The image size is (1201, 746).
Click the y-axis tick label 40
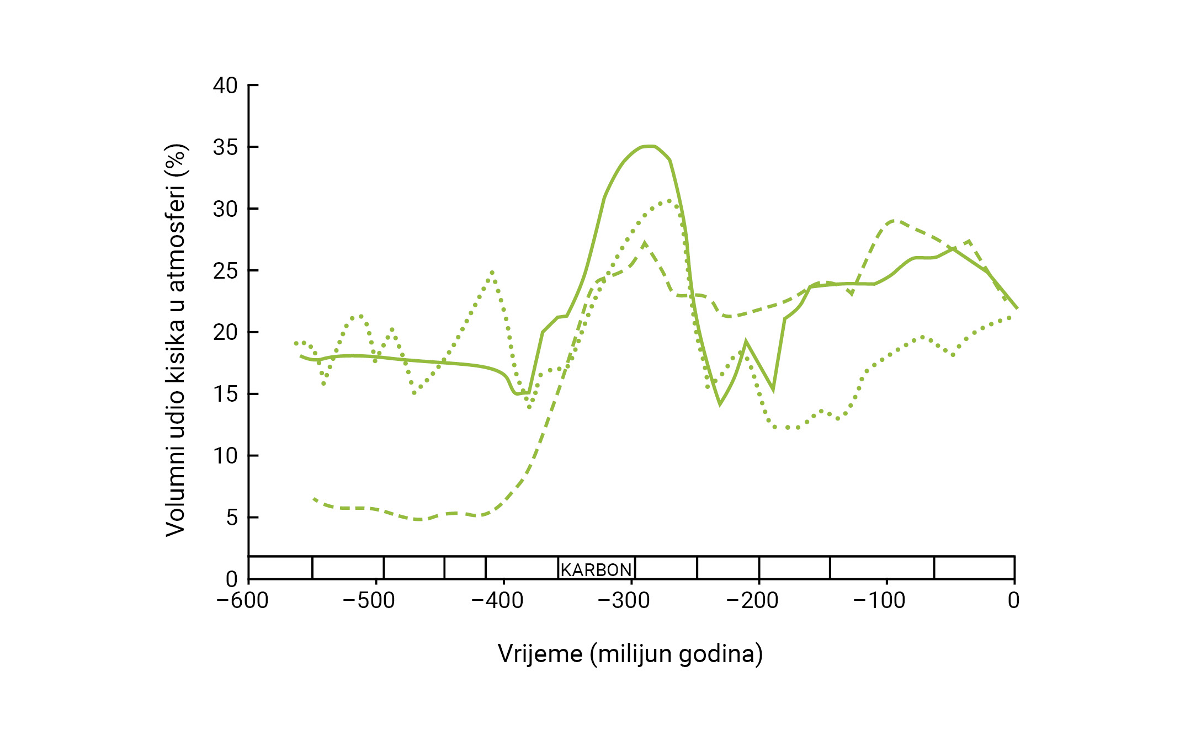[225, 86]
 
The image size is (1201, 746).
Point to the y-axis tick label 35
[225, 147]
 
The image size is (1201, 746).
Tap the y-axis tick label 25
[225, 271]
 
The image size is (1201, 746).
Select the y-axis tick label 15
[225, 394]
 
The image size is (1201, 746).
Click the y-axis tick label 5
[232, 518]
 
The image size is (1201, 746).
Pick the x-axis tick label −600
[242, 600]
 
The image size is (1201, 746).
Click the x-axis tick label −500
[369, 600]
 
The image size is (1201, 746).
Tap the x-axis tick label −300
[624, 600]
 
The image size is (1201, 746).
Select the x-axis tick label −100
[879, 600]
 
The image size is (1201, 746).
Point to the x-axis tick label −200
[752, 600]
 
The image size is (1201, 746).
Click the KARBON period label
[596, 569]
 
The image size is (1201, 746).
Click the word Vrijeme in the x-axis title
[540, 654]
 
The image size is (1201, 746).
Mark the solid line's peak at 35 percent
[650, 146]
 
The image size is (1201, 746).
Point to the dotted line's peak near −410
[492, 272]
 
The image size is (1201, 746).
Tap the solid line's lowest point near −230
[720, 404]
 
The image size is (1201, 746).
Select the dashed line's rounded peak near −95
[894, 221]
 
